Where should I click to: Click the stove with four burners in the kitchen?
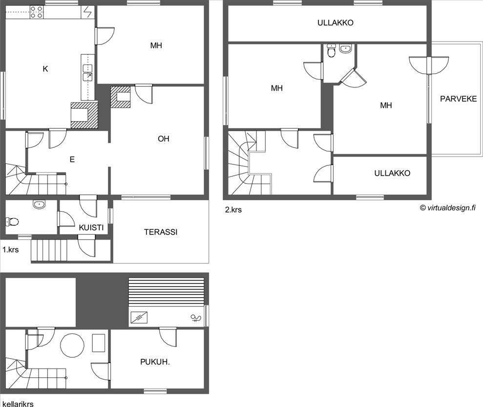tap(37, 12)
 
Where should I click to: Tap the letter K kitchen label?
tap(45, 69)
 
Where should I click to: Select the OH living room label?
tap(163, 139)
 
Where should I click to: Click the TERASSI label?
tap(161, 232)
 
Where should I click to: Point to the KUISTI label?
tap(91, 227)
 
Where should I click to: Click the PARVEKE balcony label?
tap(459, 99)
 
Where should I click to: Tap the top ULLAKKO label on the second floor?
tap(336, 22)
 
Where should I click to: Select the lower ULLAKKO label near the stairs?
tap(392, 173)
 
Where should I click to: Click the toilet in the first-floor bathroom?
tap(12, 222)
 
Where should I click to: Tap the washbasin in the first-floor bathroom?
tap(39, 204)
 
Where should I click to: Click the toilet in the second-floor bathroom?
tap(331, 51)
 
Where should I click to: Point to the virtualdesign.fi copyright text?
tap(447, 208)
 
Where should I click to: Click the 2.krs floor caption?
tap(233, 210)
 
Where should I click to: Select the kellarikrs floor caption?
tap(18, 404)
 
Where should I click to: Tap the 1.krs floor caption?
tap(11, 250)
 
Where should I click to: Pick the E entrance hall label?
tap(72, 159)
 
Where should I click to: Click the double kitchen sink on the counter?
tap(87, 73)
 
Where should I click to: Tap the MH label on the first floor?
tap(156, 45)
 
